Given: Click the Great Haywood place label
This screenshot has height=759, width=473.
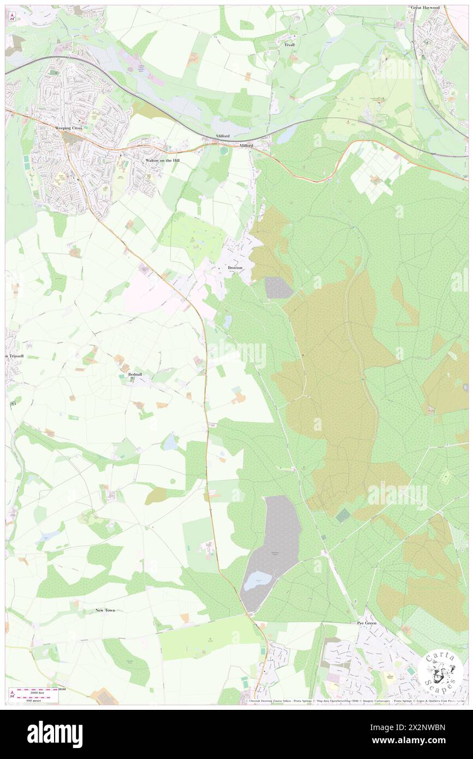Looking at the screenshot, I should click(425, 8).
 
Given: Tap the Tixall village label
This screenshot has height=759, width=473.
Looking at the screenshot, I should click(289, 45).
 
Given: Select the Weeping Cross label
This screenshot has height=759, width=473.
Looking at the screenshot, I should click(68, 127).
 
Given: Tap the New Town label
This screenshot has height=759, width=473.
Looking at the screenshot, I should click(105, 610).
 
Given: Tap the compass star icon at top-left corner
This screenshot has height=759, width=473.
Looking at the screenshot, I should click(12, 17).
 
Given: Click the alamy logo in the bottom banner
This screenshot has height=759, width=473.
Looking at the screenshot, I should click(55, 732).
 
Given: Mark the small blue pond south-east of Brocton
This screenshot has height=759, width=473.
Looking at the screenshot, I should click(227, 322).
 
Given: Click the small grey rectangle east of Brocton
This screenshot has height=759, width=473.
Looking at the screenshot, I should click(279, 287).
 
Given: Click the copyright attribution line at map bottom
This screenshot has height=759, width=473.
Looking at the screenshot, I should click(355, 701).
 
